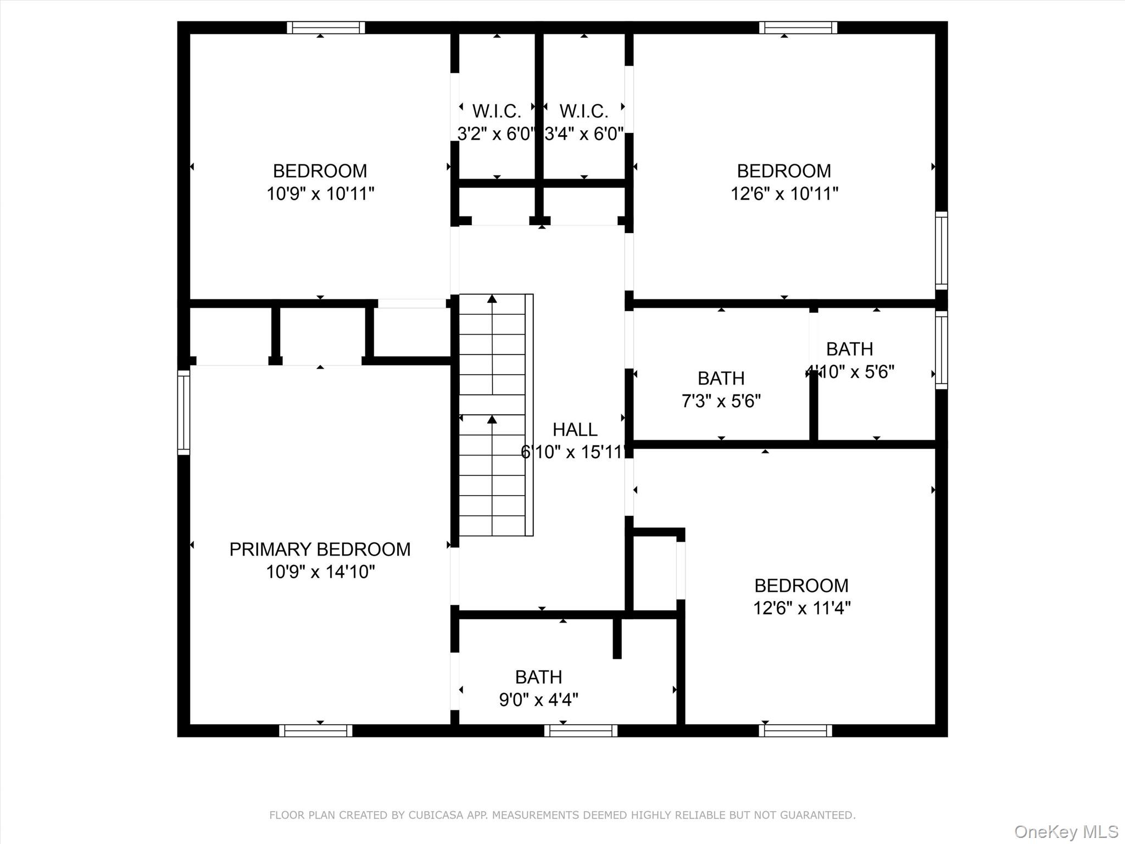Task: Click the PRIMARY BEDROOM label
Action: click(x=320, y=549)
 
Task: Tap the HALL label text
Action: click(x=575, y=429)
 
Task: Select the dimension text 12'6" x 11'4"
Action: click(x=801, y=608)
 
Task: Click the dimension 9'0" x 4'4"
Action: click(x=538, y=699)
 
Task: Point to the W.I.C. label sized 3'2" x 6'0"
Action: click(x=497, y=112)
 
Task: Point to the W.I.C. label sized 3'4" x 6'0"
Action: click(x=584, y=112)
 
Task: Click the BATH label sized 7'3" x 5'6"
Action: click(x=721, y=378)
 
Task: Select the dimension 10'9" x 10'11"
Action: click(x=320, y=194)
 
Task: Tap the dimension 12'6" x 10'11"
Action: click(x=784, y=194)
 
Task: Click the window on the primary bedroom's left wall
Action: click(x=183, y=412)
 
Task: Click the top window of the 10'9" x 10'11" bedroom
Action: click(x=326, y=27)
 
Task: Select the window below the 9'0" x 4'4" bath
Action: click(x=581, y=730)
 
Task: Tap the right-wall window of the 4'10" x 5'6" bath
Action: click(x=941, y=350)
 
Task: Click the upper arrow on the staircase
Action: click(x=492, y=299)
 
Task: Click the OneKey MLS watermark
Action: click(x=1066, y=831)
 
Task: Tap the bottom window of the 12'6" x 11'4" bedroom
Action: click(x=795, y=730)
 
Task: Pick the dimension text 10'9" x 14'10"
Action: click(x=320, y=572)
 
